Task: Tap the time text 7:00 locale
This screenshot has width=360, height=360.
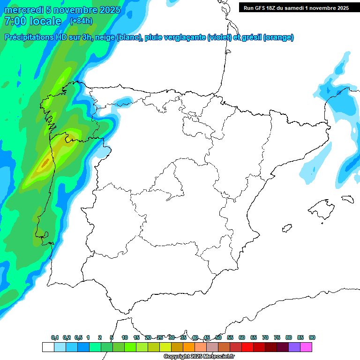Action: [x=33, y=21]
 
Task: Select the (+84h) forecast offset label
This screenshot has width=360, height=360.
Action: [x=81, y=21]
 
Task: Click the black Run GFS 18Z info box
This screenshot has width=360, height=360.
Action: [x=296, y=8]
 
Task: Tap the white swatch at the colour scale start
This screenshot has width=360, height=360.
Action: [x=48, y=347]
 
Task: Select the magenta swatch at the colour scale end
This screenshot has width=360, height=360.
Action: [x=306, y=347]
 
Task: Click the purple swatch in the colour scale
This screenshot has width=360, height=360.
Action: [x=294, y=347]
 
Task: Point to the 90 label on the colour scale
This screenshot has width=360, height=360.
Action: [x=312, y=337]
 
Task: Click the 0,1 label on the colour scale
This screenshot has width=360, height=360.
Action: [x=55, y=337]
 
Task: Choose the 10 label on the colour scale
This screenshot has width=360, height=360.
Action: [x=125, y=337]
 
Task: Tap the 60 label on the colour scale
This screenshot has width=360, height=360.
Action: [x=242, y=337]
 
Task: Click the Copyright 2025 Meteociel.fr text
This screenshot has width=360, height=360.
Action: [x=199, y=357]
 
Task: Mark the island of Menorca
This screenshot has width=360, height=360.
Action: [x=347, y=199]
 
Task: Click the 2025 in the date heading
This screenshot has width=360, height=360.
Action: [x=110, y=10]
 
